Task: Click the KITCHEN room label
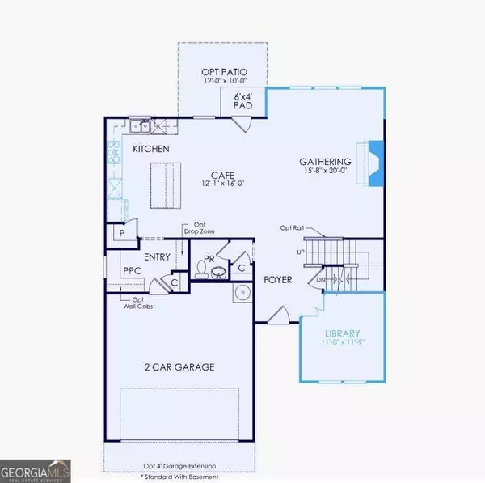click(x=151, y=149)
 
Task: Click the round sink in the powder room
click(x=240, y=291)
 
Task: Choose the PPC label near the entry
click(x=133, y=271)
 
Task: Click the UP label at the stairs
click(x=302, y=252)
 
